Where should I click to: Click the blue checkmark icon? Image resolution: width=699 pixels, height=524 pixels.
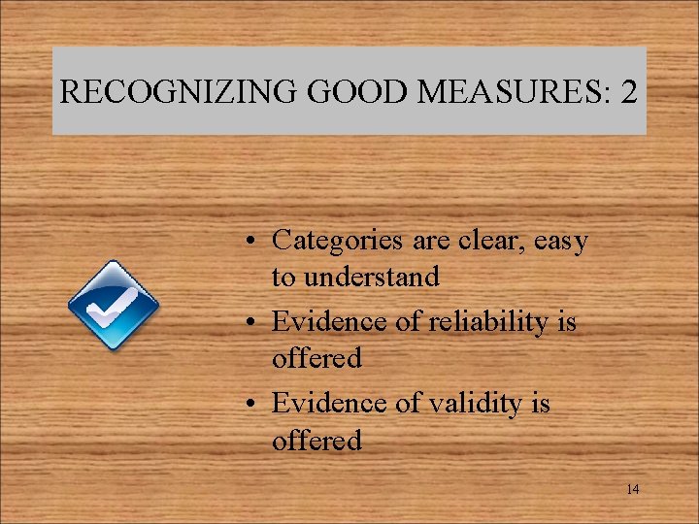[x=113, y=306]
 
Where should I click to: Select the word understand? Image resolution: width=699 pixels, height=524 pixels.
[x=355, y=278]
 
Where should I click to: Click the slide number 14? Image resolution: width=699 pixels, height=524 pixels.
[x=632, y=489]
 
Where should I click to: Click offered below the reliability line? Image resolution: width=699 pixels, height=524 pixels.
[x=316, y=359]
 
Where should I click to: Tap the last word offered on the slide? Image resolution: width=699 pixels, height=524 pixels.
[x=316, y=441]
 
